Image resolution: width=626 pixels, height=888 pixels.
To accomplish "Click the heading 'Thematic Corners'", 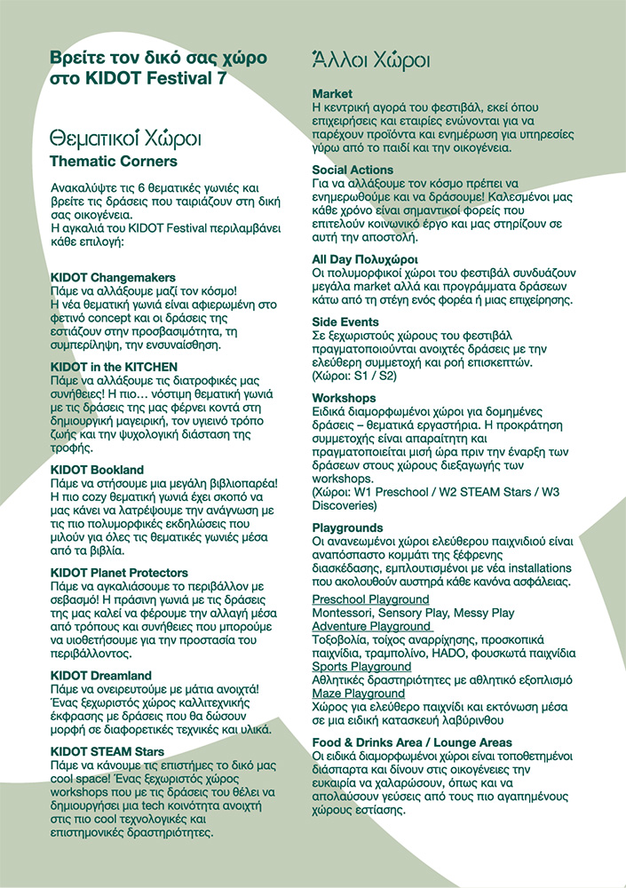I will click(x=114, y=161).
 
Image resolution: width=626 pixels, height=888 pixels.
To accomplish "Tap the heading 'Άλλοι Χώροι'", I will click(x=371, y=60).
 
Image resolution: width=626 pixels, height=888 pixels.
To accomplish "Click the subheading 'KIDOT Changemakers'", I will click(x=113, y=278).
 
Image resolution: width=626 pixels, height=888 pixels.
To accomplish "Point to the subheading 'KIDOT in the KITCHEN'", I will click(x=115, y=367).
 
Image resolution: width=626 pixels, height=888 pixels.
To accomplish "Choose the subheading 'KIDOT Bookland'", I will click(x=97, y=470).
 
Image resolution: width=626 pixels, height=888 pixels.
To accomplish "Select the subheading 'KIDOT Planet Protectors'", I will click(x=119, y=573).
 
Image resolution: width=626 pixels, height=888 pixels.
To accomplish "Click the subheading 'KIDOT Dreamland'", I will click(x=101, y=676).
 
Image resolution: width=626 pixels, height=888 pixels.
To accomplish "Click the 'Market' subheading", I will click(x=332, y=93).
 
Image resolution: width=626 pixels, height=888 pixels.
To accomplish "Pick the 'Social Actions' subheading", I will click(x=353, y=170).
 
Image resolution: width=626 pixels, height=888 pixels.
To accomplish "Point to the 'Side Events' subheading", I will click(x=345, y=322).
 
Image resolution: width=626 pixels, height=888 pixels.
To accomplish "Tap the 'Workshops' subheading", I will click(x=344, y=398).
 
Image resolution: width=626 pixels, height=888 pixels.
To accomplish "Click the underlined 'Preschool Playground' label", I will click(x=370, y=600).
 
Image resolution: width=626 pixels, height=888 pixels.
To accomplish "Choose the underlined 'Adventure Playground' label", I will click(x=371, y=627).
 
